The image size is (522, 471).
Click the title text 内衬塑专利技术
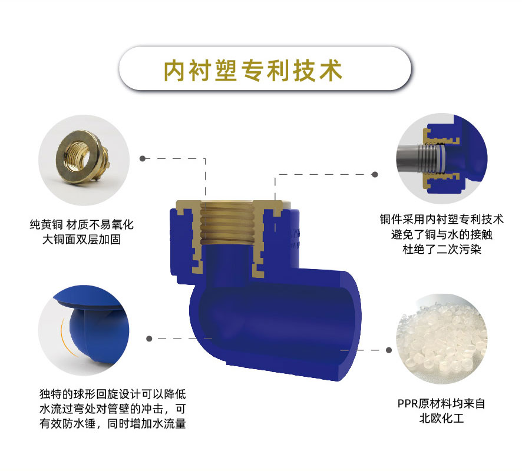tap(253, 70)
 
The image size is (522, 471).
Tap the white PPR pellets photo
tap(441, 339)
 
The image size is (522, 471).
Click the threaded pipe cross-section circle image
tap(441, 158)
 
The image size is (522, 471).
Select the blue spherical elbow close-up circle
tap(84, 330)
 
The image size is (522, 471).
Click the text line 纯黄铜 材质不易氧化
tap(81, 225)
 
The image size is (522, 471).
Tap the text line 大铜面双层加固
tap(81, 240)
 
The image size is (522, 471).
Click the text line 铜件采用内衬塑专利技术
tap(441, 220)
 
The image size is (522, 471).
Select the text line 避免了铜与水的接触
tap(441, 234)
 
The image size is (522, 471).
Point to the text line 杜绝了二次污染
tap(441, 249)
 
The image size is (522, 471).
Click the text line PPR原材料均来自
tap(441, 403)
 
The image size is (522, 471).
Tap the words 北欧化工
tap(441, 418)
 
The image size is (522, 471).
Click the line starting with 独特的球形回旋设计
tap(113, 394)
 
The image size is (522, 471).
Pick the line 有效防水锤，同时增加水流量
tap(113, 423)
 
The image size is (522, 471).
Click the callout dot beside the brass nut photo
tap(143, 158)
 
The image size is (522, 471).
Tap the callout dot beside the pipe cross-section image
tap(375, 174)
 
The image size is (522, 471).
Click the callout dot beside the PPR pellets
tap(388, 350)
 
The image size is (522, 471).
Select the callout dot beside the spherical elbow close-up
tap(149, 339)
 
